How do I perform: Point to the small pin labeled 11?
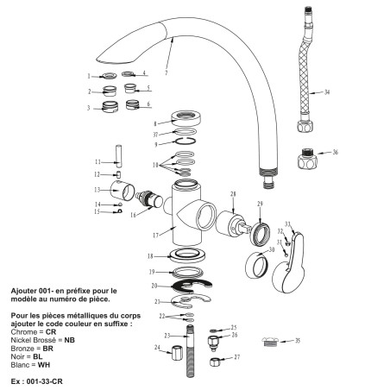click(121, 162)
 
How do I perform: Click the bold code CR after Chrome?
click(51, 331)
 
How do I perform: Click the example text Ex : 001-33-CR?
click(34, 381)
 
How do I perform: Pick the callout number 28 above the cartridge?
click(232, 195)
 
